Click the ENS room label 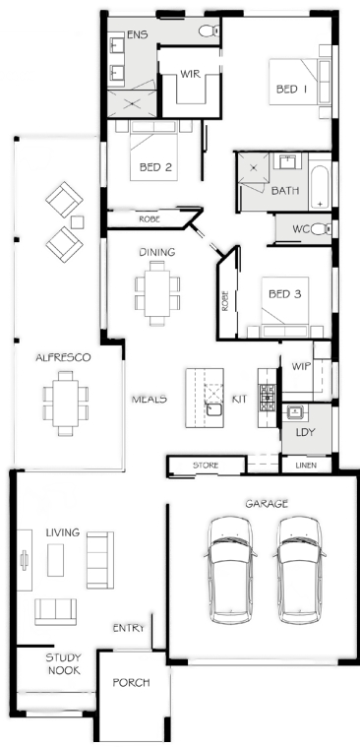[x=137, y=34]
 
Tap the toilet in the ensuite [x=209, y=31]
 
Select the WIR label [x=190, y=75]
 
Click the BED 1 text [x=291, y=90]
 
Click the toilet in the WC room [x=322, y=229]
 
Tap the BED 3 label [x=285, y=294]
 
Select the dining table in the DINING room [x=157, y=292]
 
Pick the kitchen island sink [x=214, y=408]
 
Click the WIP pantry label [x=301, y=366]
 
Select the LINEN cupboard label [x=306, y=466]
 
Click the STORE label [x=206, y=465]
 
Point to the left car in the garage [x=230, y=570]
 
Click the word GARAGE [x=267, y=503]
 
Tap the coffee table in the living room [x=56, y=560]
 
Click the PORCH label [x=131, y=683]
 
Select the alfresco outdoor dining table [x=65, y=404]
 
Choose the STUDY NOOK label [x=63, y=664]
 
